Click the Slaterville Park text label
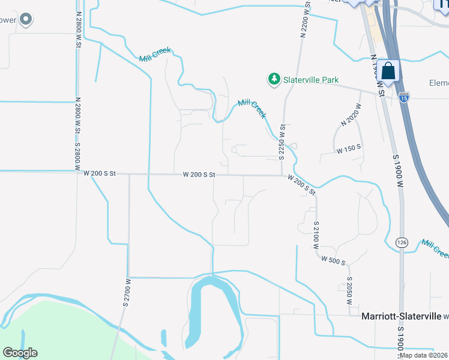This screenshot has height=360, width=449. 312,80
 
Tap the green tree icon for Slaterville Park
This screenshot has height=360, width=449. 274,79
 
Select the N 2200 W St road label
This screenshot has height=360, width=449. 304,19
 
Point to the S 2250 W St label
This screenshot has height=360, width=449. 281,143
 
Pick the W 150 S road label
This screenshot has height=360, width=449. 348,148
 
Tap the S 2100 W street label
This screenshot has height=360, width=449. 316,235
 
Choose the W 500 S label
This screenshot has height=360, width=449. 333,260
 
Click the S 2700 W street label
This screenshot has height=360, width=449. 127,292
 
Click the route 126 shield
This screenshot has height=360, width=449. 402,242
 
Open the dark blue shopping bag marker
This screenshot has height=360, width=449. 389,71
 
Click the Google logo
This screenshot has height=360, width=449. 20,353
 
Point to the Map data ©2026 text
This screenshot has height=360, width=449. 423,355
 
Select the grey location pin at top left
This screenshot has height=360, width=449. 25,20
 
